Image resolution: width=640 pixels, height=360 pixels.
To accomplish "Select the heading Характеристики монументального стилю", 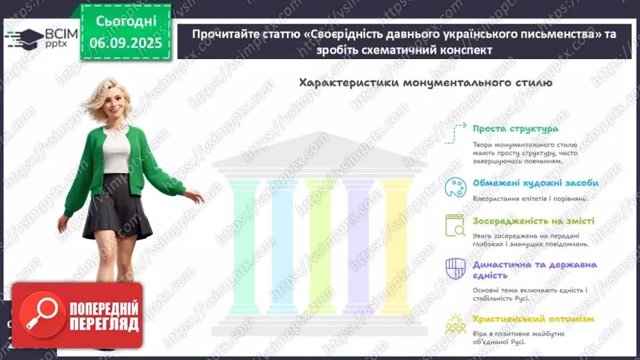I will pyautogui.click(x=425, y=83).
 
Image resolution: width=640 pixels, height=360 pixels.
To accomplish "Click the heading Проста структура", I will pyautogui.click(x=515, y=129).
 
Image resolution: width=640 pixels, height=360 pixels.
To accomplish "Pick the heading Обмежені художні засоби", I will pyautogui.click(x=535, y=183).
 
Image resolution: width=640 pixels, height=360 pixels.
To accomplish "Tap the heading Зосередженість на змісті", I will pyautogui.click(x=533, y=221).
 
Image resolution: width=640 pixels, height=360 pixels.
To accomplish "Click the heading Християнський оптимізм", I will pyautogui.click(x=533, y=319).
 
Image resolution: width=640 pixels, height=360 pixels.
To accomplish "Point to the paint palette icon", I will pyautogui.click(x=455, y=186).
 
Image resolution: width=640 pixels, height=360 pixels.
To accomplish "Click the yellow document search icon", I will pyautogui.click(x=455, y=225).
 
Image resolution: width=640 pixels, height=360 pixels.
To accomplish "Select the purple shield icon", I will pyautogui.click(x=455, y=268).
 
